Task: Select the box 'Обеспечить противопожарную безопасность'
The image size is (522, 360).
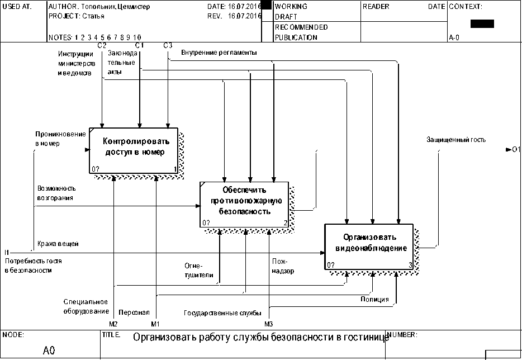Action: (245, 201)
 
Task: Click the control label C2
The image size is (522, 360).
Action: (102, 45)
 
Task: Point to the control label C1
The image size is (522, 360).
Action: (140, 45)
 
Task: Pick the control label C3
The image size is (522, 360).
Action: (168, 45)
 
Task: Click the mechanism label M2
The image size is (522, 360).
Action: (113, 324)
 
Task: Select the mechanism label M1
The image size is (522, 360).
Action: (155, 324)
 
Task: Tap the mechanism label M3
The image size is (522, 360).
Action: (269, 324)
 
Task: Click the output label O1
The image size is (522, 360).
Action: (515, 149)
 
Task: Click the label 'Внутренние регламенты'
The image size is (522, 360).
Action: (219, 53)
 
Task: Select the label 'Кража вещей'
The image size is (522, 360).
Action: (58, 244)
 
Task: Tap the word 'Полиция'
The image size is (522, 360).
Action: (374, 300)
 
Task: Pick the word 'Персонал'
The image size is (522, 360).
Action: (134, 312)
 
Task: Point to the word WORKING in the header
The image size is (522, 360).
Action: (291, 7)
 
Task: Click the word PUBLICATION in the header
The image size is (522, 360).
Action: (296, 37)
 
